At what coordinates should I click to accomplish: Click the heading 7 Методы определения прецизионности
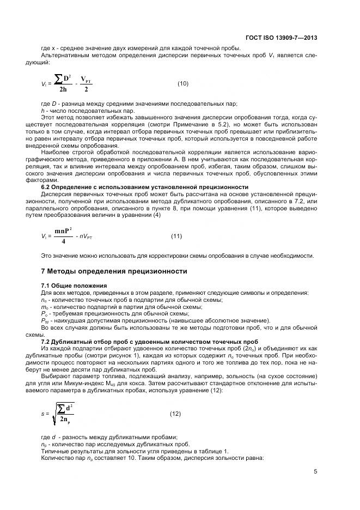pyautogui.click(x=114, y=271)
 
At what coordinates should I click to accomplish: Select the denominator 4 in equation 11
pyautogui.click(x=64, y=241)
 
